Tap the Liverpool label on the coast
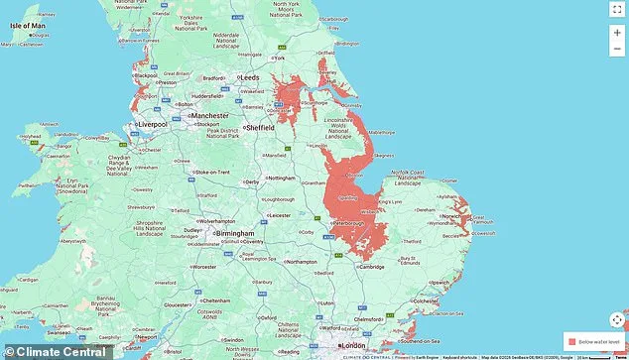point(152,124)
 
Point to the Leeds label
point(249,76)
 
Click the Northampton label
point(303,262)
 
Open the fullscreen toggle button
point(617,10)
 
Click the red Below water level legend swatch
point(570,340)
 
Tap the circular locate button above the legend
point(617,319)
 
